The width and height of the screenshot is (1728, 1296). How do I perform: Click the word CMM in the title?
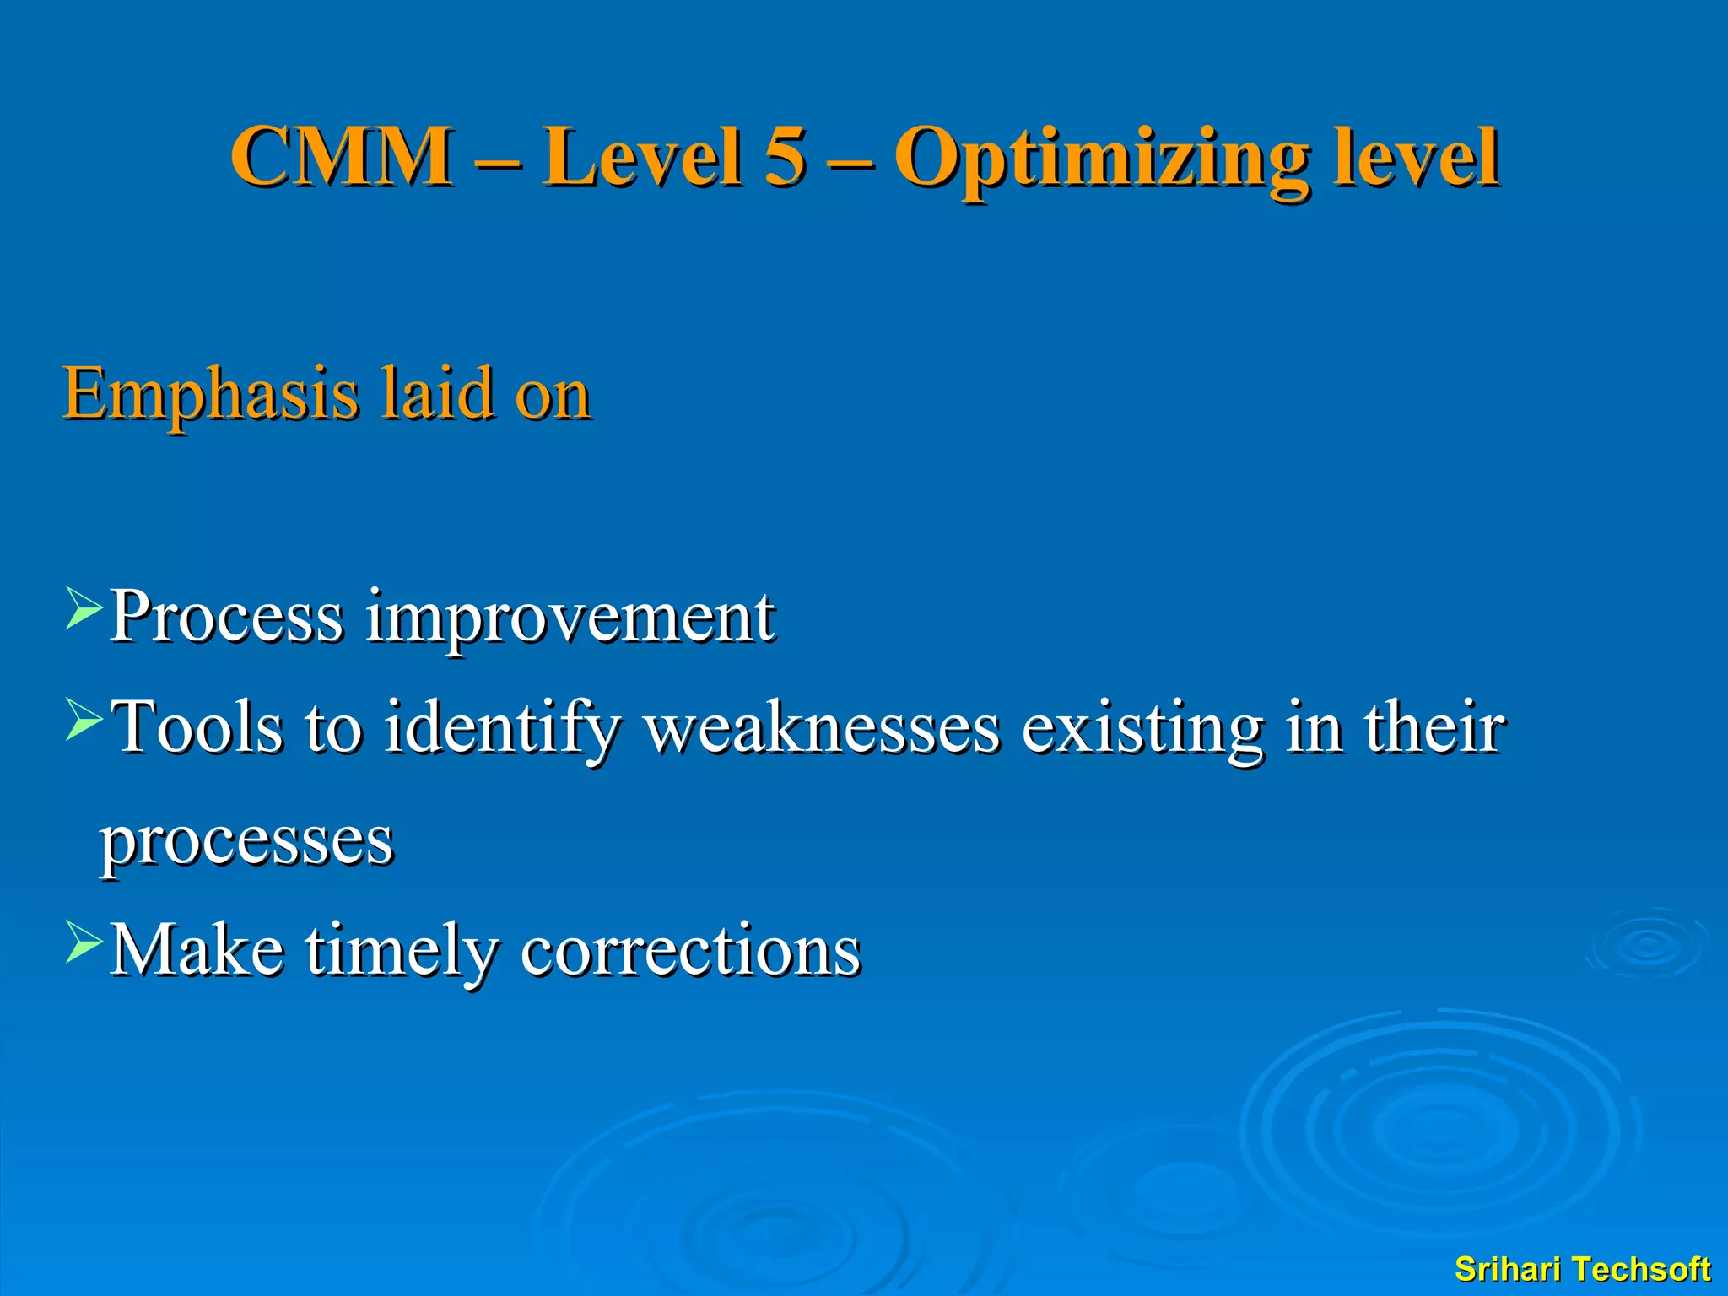click(341, 156)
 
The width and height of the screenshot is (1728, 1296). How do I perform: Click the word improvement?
click(570, 618)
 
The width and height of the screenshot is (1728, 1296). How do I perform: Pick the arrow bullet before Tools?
click(84, 721)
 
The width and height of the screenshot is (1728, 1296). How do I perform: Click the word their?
click(1434, 726)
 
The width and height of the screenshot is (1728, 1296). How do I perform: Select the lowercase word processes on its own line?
click(246, 841)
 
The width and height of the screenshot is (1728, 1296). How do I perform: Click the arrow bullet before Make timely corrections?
click(84, 943)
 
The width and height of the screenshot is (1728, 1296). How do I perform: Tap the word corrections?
click(690, 951)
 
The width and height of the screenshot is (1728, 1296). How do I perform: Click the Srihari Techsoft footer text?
click(1582, 1269)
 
